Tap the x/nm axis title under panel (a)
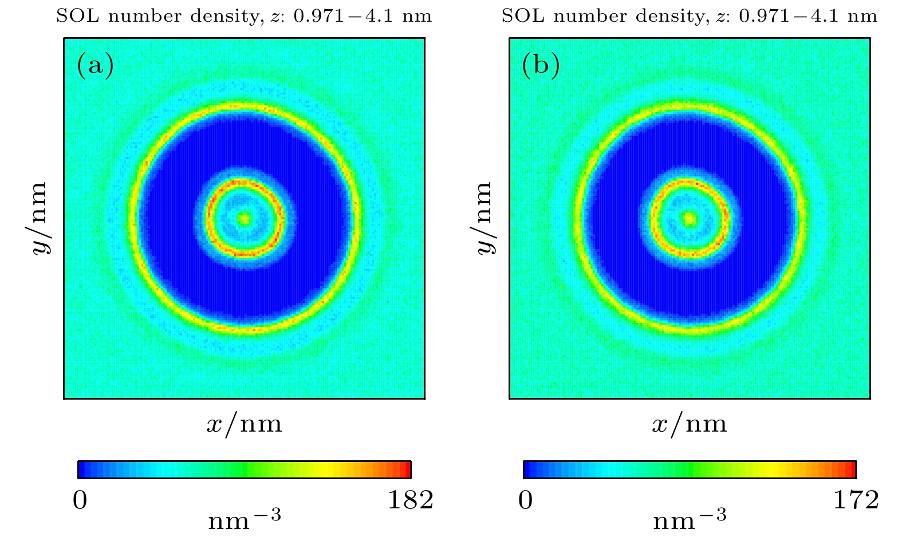point(245,424)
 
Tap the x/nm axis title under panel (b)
point(690,424)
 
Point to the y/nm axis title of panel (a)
point(38,218)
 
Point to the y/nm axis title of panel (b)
point(484,218)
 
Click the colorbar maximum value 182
point(411,500)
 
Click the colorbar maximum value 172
point(856,500)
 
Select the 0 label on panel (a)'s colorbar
point(80,501)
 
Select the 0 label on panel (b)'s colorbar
point(525,501)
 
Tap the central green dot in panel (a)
point(245,218)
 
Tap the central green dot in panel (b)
point(690,218)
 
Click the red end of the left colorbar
point(407,469)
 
